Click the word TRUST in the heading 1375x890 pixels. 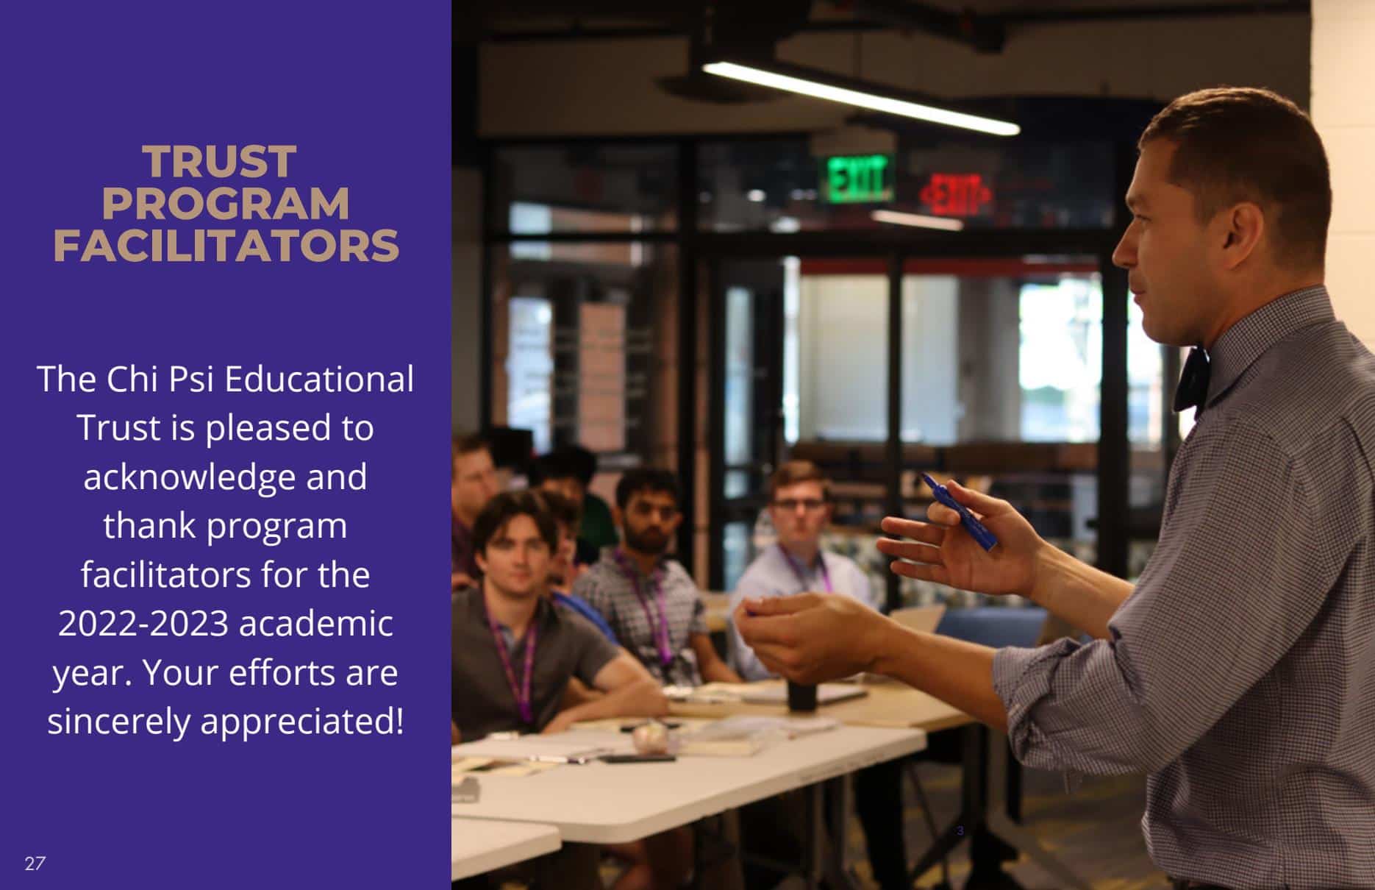(x=219, y=162)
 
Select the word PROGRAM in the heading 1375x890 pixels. (x=226, y=204)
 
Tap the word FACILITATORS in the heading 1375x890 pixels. (x=226, y=246)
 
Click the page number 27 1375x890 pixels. (x=35, y=864)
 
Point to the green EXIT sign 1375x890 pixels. (x=857, y=179)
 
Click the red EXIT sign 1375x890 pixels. (x=954, y=195)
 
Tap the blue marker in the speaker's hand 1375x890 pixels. (x=960, y=511)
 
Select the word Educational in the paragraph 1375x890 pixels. (x=318, y=380)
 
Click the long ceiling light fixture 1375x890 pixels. (x=860, y=98)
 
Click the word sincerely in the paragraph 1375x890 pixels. (x=120, y=722)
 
